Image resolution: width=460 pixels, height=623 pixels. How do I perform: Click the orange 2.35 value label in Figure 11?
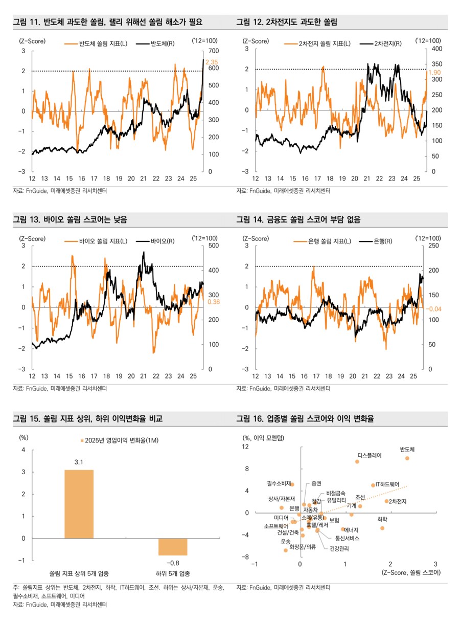click(212, 62)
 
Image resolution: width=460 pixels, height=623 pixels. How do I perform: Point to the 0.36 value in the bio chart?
click(214, 302)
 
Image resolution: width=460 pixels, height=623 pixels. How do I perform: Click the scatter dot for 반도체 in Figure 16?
click(407, 458)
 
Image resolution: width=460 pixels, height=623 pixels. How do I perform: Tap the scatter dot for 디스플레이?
click(357, 461)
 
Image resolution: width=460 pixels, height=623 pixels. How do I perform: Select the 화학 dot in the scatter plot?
click(382, 528)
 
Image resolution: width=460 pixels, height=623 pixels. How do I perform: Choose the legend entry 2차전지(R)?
click(388, 44)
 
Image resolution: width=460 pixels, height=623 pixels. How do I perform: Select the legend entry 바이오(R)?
click(163, 240)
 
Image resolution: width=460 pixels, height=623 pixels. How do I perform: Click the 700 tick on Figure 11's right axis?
click(213, 51)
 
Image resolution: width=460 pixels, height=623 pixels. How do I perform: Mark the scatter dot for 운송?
click(286, 550)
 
